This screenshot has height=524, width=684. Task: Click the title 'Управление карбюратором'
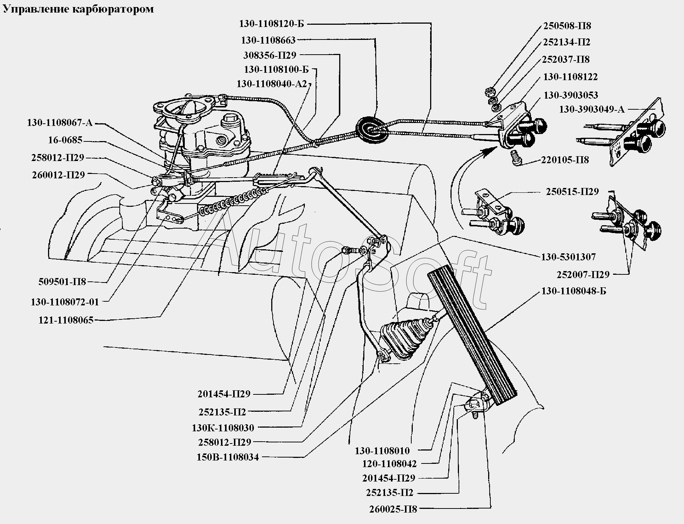click(x=78, y=9)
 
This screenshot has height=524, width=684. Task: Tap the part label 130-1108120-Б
click(x=272, y=24)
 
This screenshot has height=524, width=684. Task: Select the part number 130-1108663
click(x=268, y=40)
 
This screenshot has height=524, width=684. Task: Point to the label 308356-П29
click(x=270, y=55)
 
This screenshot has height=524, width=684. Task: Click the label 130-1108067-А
click(x=59, y=123)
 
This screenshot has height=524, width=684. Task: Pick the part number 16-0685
click(x=65, y=140)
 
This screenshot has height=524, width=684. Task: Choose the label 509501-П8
click(x=62, y=282)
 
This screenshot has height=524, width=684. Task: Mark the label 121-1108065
click(x=66, y=320)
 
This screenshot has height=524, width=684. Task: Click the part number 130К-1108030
click(x=223, y=428)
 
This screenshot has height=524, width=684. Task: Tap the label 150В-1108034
click(x=228, y=457)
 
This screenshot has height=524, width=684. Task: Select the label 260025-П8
click(x=393, y=509)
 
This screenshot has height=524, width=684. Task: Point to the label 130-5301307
click(x=568, y=257)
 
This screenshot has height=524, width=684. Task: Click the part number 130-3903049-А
click(x=592, y=109)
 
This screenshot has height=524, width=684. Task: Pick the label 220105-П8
click(x=565, y=160)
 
